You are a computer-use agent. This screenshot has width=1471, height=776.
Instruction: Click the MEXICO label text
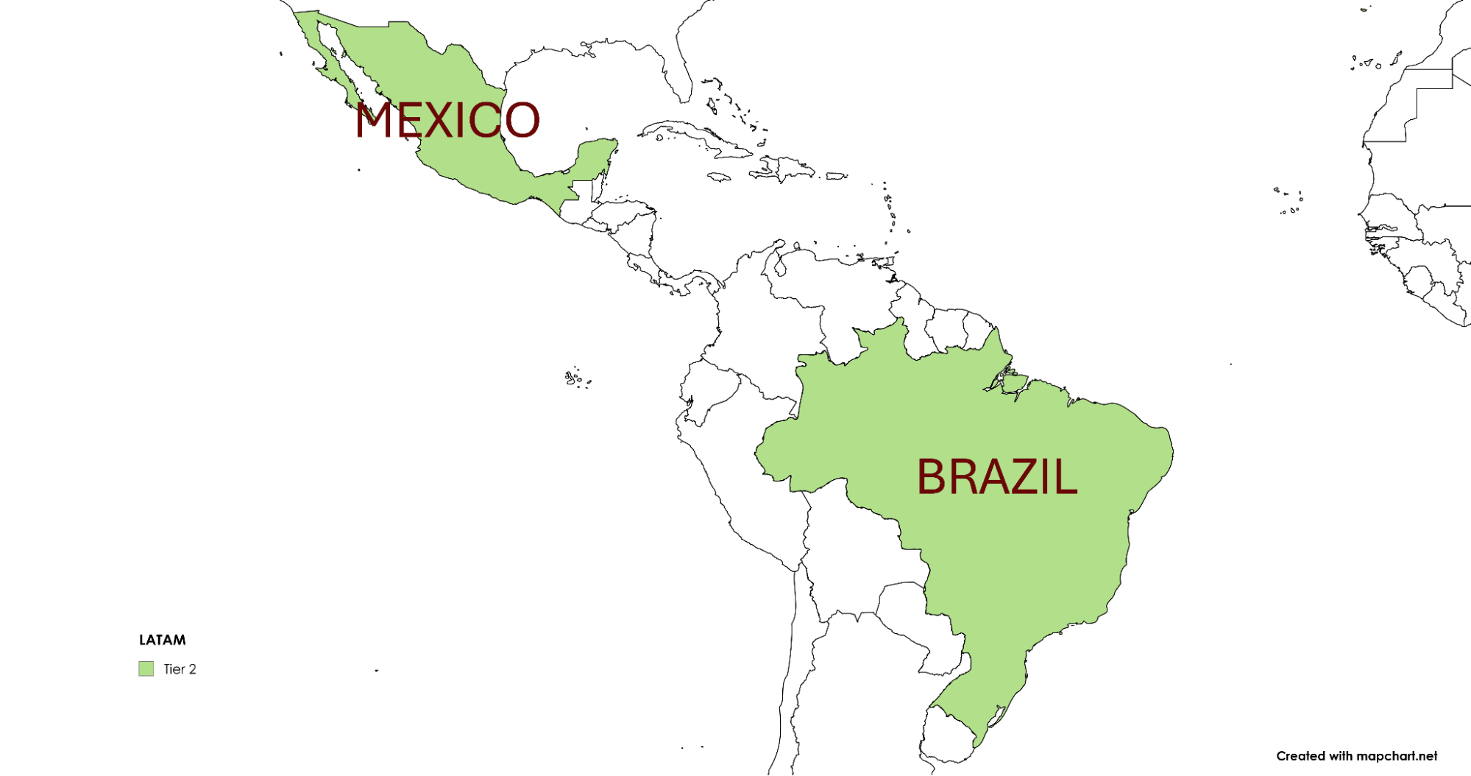coord(447,120)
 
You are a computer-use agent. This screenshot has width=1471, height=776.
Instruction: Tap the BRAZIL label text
coord(996,477)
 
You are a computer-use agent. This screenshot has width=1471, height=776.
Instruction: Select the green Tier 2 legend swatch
coord(146,669)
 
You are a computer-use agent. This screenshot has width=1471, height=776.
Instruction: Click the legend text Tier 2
coord(180,669)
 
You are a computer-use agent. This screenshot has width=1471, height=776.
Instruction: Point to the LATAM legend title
coord(163,640)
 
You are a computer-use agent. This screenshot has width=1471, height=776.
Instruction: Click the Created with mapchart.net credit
coord(1356,756)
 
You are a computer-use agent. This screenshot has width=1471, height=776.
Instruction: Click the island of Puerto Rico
coord(836,176)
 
